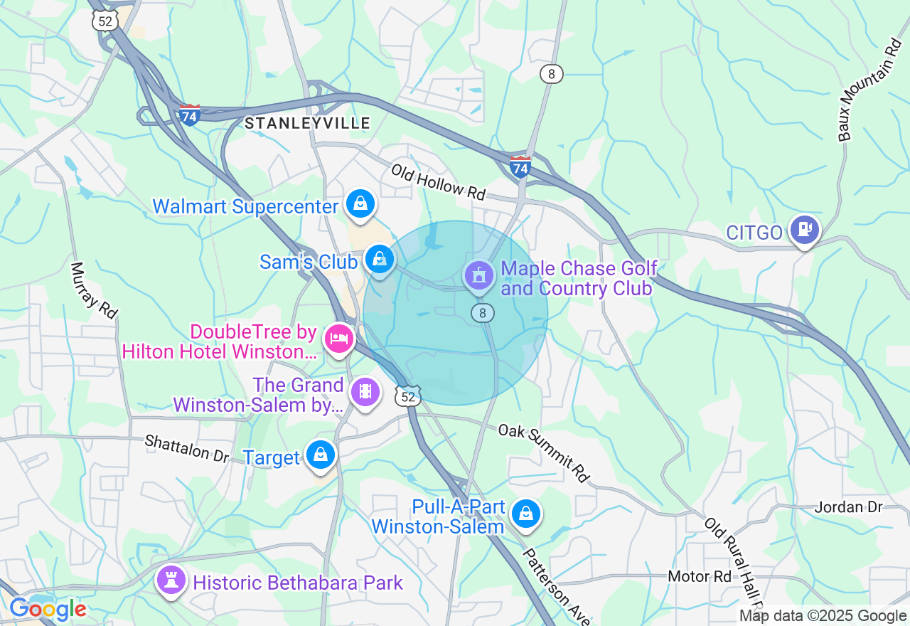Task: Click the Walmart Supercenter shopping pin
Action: (361, 205)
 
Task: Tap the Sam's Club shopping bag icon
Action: (380, 259)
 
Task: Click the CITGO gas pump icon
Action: (805, 229)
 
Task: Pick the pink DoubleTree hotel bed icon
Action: (339, 338)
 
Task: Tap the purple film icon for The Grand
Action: (365, 391)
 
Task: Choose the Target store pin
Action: (321, 454)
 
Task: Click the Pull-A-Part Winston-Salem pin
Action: (526, 513)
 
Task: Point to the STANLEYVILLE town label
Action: (307, 123)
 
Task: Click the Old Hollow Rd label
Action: (438, 182)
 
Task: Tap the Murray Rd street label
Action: (94, 290)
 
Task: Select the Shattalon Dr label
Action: (187, 447)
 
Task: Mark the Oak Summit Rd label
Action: (545, 452)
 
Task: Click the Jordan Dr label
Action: (848, 507)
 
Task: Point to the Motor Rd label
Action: (700, 576)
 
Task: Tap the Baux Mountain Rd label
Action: (869, 90)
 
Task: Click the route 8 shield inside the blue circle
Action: (483, 312)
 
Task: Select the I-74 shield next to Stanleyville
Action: (189, 115)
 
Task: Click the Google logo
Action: (48, 610)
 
